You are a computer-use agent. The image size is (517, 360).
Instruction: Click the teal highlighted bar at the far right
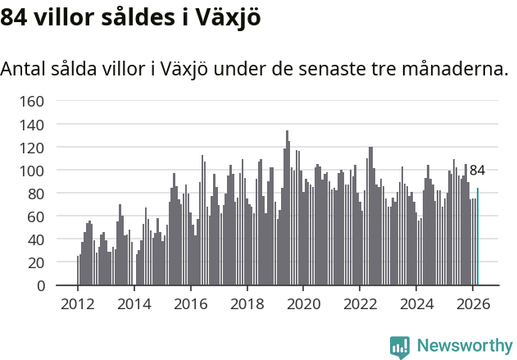(x=478, y=237)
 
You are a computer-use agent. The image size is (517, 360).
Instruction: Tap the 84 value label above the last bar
(x=477, y=171)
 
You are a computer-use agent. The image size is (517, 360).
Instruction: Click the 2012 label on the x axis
(x=78, y=303)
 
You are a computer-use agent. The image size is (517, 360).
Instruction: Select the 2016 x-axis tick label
(x=191, y=303)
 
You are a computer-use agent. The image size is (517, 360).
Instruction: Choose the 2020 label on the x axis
(x=304, y=303)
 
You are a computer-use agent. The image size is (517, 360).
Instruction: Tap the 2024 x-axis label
(x=417, y=303)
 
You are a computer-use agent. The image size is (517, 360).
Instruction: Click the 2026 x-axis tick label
(x=473, y=303)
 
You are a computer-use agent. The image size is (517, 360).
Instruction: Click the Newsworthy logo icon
(x=400, y=347)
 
